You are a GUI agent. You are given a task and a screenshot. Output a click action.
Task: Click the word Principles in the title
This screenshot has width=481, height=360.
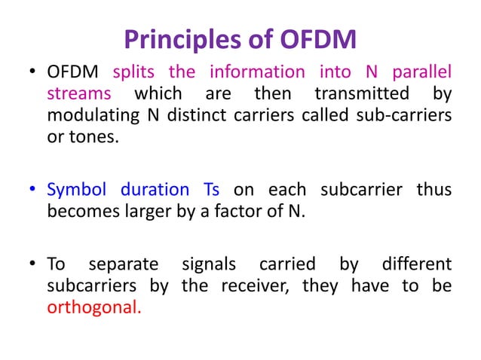[x=176, y=38]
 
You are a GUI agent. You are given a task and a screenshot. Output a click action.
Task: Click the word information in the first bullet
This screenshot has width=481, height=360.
[x=257, y=73]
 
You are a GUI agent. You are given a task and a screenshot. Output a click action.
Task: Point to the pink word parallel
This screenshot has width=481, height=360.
[x=421, y=73]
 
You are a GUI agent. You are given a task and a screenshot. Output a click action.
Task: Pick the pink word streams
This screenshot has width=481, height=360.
[x=79, y=94]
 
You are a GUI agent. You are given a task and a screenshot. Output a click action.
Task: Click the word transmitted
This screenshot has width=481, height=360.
[x=357, y=94]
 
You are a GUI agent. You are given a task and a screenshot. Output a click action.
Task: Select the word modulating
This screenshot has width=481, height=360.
[x=87, y=116]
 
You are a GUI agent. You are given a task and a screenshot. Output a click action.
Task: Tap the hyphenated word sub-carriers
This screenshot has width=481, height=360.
[x=409, y=116]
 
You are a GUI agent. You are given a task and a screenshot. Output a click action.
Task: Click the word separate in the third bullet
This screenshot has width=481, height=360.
[x=124, y=265]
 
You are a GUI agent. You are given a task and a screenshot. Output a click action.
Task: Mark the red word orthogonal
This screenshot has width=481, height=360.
[x=93, y=307]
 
